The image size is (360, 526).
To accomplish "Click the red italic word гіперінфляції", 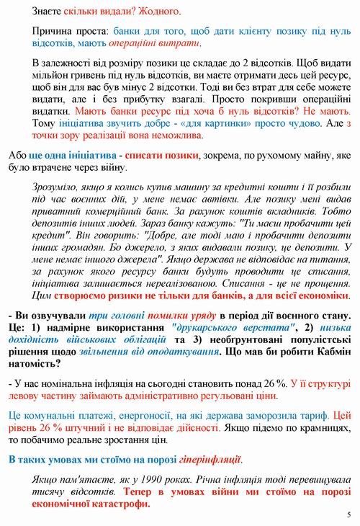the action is click(205, 458).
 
